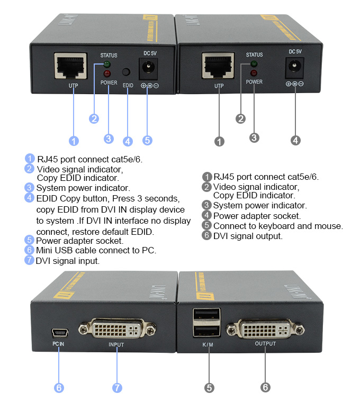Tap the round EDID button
pos(127,73)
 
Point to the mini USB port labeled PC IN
pos(59,333)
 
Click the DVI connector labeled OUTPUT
pos(265,329)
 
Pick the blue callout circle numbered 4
pos(128,141)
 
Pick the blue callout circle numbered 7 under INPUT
pos(118,388)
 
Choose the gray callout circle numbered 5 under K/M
pos(210,388)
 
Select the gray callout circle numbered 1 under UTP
pos(219,141)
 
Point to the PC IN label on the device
pos(58,344)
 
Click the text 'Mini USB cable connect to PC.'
pos(96,250)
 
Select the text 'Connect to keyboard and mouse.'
pos(278,226)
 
